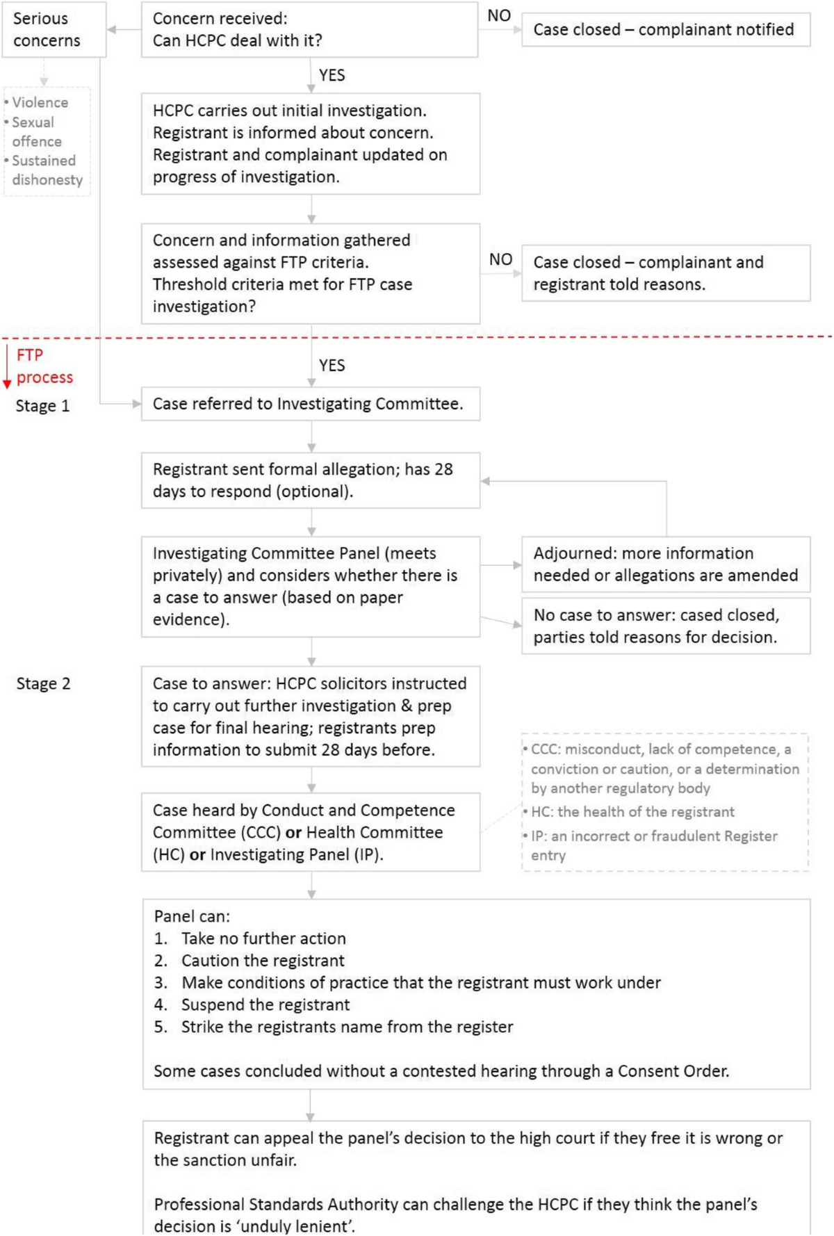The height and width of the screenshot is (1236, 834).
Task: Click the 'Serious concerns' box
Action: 53,29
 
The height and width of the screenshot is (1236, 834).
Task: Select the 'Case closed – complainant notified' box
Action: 665,30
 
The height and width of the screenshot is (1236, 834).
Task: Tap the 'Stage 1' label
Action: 42,406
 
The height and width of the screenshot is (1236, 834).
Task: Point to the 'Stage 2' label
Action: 43,684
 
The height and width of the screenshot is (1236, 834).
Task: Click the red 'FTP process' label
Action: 44,366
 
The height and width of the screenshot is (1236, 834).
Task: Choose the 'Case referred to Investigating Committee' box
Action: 310,404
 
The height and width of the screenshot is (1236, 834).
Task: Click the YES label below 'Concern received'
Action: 332,75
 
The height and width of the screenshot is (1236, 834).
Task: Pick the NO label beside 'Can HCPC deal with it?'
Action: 499,15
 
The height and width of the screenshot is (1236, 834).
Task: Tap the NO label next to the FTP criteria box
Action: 500,259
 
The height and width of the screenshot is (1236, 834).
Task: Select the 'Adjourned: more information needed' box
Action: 665,564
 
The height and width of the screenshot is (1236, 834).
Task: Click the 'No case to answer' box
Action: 665,626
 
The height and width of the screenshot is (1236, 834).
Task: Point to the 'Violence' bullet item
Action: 40,103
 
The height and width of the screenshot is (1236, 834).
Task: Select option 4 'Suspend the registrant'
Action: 265,1005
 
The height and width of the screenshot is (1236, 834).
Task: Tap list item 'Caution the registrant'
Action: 262,961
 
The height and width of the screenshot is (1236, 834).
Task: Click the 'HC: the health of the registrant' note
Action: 632,812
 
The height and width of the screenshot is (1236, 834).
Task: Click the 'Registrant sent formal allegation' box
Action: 310,480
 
